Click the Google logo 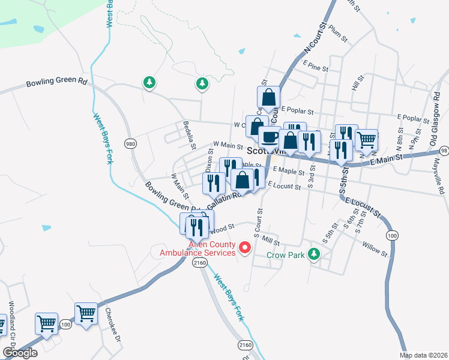(x=20, y=353)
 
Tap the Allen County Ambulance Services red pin (x=245, y=247)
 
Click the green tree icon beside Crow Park (x=313, y=254)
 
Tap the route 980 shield (x=130, y=143)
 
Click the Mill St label (x=272, y=241)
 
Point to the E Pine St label (x=316, y=66)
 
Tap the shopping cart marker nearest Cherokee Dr (x=85, y=313)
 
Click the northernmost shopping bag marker (x=268, y=96)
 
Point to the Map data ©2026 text (x=424, y=355)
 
